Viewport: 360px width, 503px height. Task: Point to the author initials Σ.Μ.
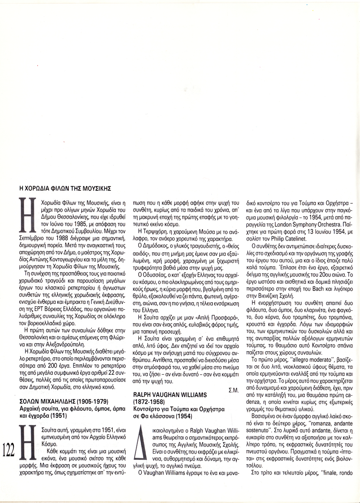234,390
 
